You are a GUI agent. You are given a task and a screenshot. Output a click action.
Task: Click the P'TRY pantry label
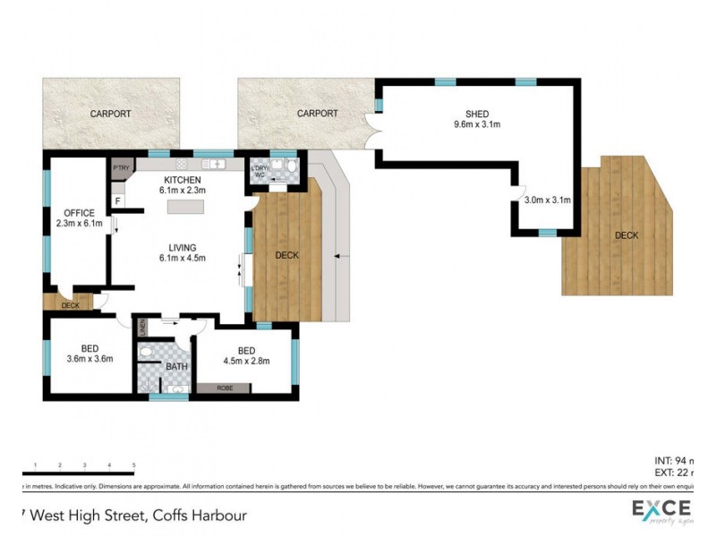tap(119, 167)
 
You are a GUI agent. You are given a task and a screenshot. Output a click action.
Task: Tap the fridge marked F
tap(117, 201)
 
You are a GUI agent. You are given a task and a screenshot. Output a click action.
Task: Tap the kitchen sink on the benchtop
tap(215, 165)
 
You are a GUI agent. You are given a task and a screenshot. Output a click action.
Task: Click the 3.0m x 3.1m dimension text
tap(547, 200)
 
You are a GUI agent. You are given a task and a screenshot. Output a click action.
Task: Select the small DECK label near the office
tap(70, 305)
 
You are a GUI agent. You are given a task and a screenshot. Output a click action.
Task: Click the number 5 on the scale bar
tap(133, 465)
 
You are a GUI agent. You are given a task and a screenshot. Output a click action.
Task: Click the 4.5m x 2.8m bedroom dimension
tap(246, 362)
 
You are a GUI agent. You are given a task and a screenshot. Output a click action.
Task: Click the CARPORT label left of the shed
tap(318, 114)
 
